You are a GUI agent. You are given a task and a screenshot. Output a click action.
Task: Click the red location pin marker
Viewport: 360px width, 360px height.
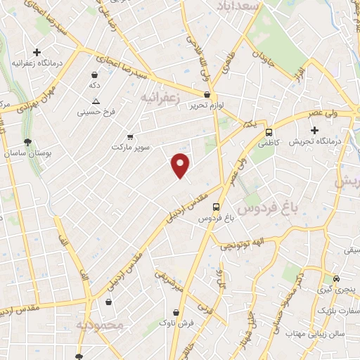click(181, 165)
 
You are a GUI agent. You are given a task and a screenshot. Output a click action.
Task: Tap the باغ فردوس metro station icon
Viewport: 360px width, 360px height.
click(216, 207)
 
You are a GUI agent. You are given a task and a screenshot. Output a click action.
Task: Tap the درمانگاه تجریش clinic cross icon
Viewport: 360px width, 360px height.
click(314, 130)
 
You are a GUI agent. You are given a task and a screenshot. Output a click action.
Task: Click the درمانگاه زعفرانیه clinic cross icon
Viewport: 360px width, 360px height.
click(37, 52)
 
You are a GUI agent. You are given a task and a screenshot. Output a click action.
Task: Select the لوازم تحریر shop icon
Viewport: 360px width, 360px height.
click(207, 94)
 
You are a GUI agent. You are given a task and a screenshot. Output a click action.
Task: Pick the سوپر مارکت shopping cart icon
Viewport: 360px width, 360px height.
click(130, 136)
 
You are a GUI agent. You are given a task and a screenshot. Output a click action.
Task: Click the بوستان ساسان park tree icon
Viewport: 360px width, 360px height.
click(27, 142)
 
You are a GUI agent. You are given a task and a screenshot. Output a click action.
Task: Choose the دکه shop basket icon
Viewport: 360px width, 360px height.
click(94, 75)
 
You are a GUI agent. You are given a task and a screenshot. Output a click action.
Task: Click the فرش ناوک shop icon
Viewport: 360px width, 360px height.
click(176, 312)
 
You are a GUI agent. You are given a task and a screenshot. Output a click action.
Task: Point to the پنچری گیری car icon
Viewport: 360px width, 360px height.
click(337, 278)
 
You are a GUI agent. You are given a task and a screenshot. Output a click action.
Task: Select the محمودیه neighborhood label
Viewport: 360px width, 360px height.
click(99, 326)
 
